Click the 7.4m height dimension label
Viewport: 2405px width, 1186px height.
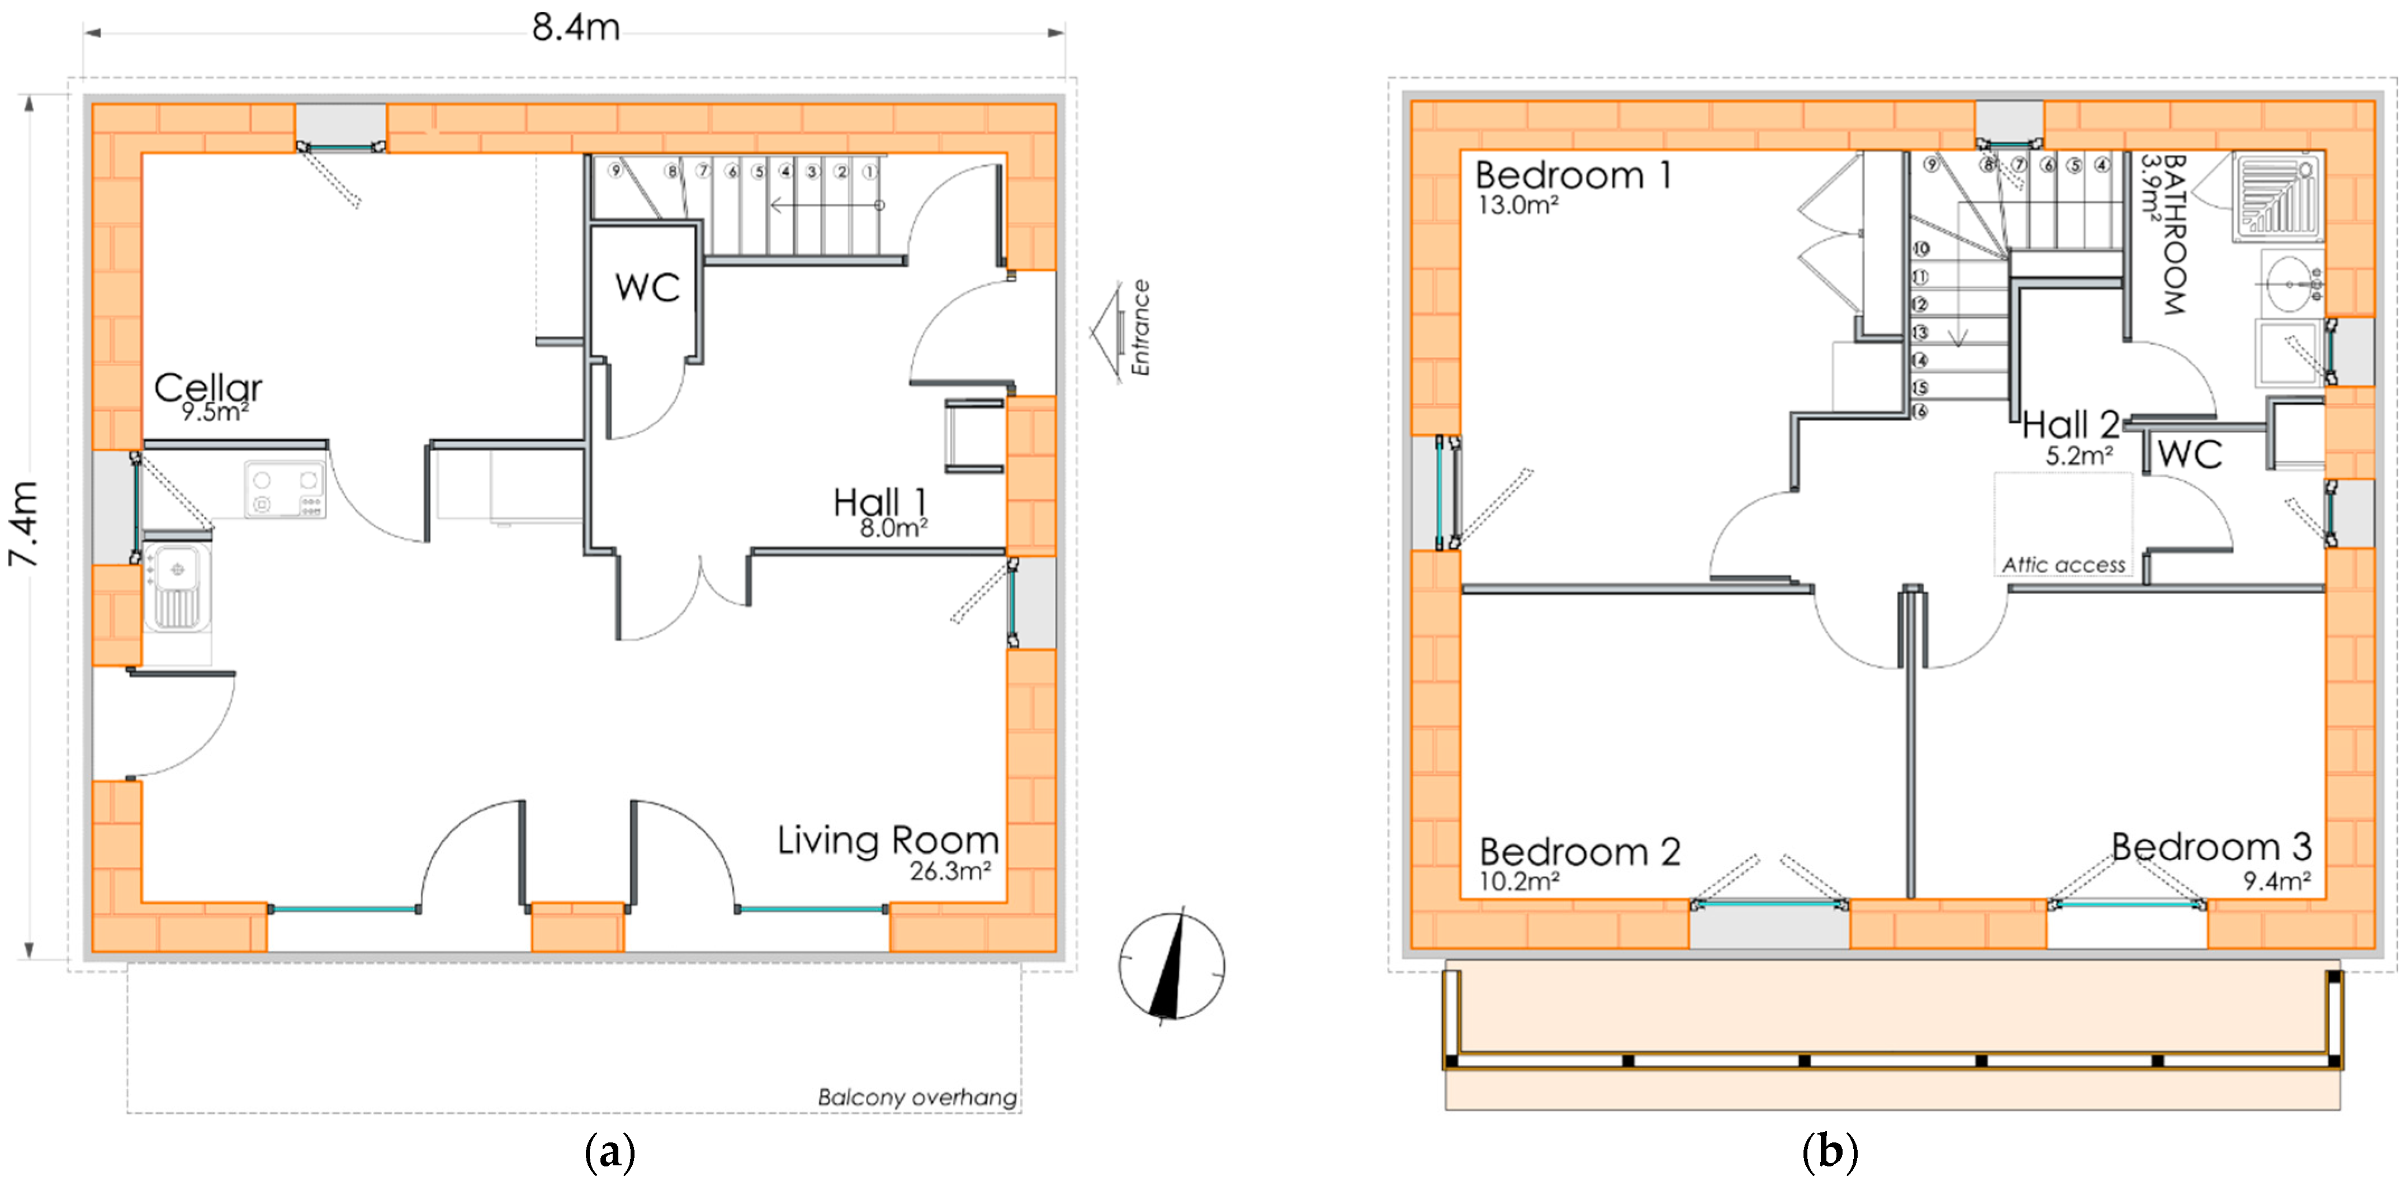click(23, 524)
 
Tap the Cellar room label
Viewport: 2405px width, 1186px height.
click(207, 387)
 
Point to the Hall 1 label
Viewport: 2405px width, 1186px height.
click(879, 501)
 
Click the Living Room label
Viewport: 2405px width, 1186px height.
click(888, 840)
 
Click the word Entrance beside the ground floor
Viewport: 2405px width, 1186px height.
click(1140, 328)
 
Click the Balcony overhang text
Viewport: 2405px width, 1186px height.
click(917, 1097)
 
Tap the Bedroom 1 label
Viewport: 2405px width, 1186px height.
click(1573, 175)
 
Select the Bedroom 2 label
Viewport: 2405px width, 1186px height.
click(1580, 851)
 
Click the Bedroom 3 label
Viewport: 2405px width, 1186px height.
click(2212, 846)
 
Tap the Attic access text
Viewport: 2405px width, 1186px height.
click(2063, 564)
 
